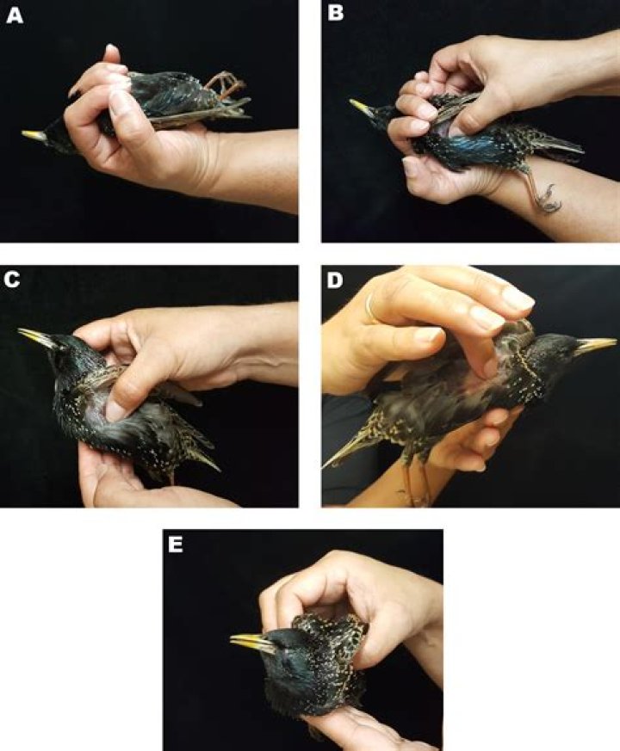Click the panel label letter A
pos(15,15)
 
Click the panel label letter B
pos(335,14)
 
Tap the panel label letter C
pos(11,280)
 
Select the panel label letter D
pos(334,280)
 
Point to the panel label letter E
pos(176,545)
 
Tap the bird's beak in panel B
pos(362,108)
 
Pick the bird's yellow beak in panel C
pos(37,336)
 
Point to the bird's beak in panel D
pos(596,346)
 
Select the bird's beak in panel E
pos(251,643)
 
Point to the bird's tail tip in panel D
pos(325,465)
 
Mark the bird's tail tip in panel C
pos(218,469)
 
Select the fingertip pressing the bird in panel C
pos(116,410)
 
